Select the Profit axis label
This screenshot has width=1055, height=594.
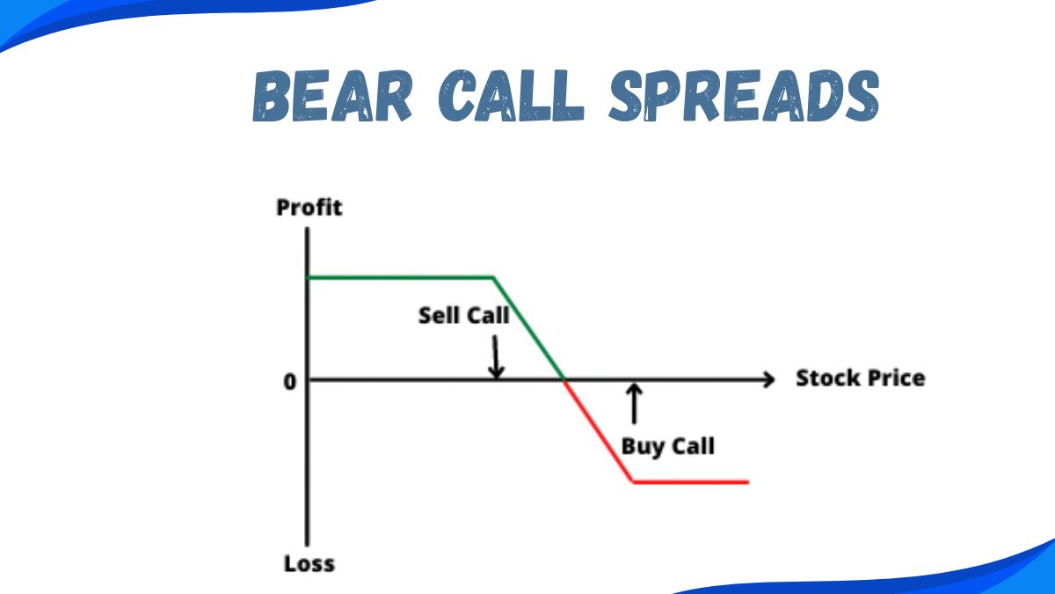coord(309,208)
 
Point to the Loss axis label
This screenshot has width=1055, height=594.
coord(309,563)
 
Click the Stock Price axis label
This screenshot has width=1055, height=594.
coord(860,378)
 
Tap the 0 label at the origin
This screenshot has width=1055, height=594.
coord(290,381)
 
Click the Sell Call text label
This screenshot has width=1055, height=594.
coord(463,315)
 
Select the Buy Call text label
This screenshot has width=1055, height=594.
coord(667,445)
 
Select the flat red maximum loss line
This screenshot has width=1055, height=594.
coord(690,481)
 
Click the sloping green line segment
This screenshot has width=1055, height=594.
coord(527,327)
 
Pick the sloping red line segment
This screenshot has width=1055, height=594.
coord(598,431)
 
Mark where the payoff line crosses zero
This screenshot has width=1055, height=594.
coord(564,379)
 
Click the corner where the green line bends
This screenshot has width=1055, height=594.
coord(494,278)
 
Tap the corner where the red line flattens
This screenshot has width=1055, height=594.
coord(633,481)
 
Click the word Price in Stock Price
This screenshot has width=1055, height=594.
coord(895,378)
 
